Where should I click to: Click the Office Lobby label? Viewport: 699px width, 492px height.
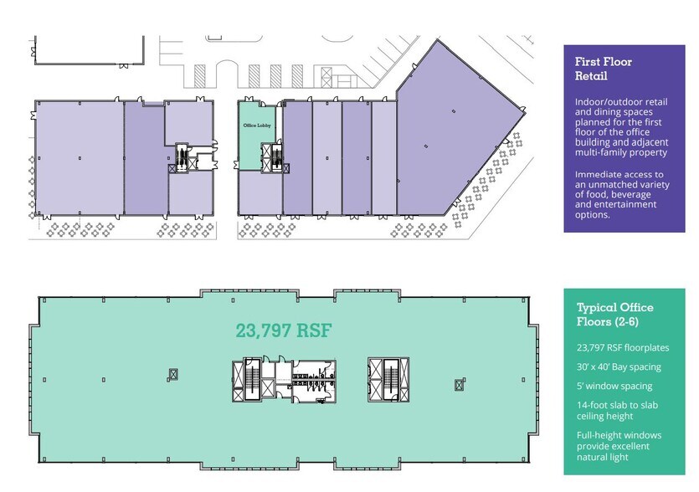[257, 126]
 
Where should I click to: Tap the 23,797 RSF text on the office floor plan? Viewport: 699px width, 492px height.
[284, 331]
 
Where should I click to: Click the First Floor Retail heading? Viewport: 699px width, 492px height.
[604, 69]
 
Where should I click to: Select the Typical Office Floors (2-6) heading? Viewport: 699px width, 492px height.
[614, 314]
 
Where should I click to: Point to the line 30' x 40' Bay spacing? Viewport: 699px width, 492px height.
[619, 367]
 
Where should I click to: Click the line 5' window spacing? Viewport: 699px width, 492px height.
[614, 386]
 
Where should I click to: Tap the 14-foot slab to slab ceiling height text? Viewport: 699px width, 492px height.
[617, 411]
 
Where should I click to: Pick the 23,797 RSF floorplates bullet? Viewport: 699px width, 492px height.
[623, 347]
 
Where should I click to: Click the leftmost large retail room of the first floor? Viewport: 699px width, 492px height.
[80, 158]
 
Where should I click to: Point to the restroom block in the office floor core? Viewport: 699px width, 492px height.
[313, 381]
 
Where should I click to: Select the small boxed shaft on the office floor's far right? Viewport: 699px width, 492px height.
[460, 384]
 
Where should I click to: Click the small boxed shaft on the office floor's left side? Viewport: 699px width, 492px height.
[173, 374]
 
